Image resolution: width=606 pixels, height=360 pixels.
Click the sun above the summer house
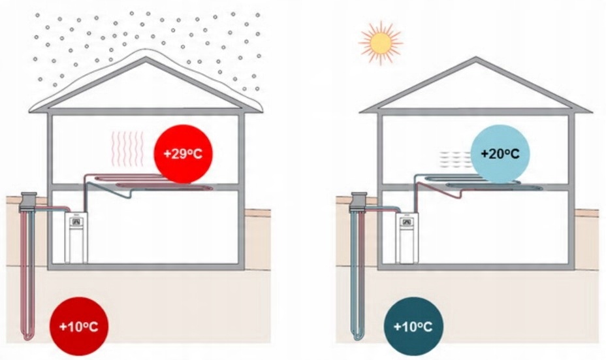point(380,42)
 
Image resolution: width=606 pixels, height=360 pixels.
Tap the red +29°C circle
point(183,154)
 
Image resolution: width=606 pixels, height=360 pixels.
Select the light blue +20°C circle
point(500,154)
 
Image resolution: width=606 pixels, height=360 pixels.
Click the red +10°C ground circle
point(78,325)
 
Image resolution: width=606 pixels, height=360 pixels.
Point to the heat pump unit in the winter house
point(76,239)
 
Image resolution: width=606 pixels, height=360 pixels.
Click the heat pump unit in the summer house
point(408,239)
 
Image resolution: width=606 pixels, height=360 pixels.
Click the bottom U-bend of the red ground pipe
point(27,336)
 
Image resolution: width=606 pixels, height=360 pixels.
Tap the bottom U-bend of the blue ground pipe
point(359,336)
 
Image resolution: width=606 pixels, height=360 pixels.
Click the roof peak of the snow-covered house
point(146,59)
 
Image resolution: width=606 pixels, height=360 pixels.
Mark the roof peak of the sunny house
point(476,60)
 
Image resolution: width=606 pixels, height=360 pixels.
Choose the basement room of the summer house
point(496,229)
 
